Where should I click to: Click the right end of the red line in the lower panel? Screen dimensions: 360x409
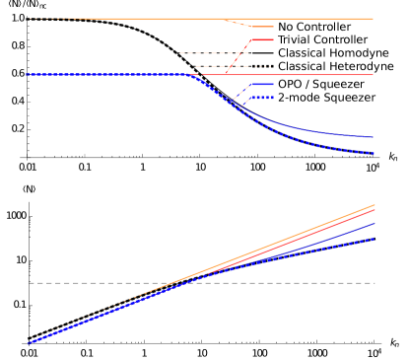375,209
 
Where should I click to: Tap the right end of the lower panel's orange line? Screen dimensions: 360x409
375,205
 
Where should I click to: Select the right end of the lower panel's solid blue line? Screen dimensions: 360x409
375,223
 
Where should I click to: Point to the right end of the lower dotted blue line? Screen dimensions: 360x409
374,239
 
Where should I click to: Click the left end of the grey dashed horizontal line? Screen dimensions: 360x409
30,283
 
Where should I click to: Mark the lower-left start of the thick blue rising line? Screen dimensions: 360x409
30,342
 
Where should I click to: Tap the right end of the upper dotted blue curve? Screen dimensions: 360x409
374,153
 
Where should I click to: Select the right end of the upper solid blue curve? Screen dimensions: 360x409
373,137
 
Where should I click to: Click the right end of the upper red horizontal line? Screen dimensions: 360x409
373,75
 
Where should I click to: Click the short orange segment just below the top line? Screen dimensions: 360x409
262,27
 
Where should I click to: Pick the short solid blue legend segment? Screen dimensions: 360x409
261,85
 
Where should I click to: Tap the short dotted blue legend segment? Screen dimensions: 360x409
261,98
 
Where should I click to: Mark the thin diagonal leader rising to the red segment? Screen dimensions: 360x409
238,57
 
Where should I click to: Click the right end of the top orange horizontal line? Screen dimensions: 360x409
373,19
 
